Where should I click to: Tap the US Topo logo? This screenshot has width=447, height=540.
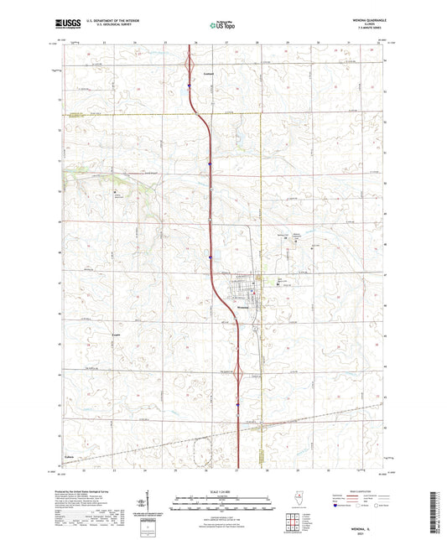click(220, 25)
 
